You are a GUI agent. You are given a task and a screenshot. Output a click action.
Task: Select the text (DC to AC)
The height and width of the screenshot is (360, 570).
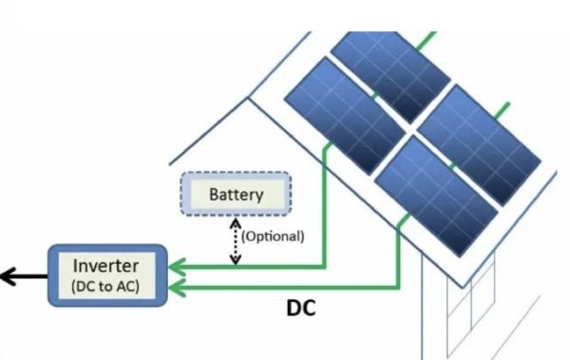click(106, 283)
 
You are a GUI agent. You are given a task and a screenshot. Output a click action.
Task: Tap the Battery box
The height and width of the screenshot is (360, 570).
click(236, 196)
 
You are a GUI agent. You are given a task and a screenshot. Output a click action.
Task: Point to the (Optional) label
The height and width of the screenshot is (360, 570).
click(273, 237)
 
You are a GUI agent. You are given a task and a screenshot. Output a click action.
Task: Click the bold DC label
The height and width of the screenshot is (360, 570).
click(301, 309)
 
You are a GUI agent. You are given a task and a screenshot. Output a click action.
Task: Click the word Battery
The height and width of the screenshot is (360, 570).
click(236, 196)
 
